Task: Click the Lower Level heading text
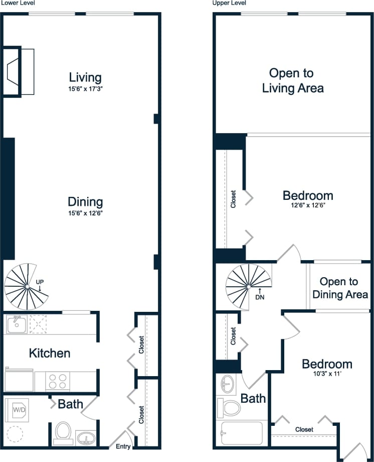[x=18, y=3]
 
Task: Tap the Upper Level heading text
[x=229, y=3]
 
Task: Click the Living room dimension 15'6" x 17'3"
[x=85, y=89]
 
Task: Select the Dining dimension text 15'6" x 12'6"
[x=85, y=213]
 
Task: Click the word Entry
[x=123, y=446]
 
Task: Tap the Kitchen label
[x=50, y=353]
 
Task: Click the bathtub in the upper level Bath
[x=241, y=433]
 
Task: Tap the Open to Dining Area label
[x=340, y=288]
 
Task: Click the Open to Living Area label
[x=293, y=80]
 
